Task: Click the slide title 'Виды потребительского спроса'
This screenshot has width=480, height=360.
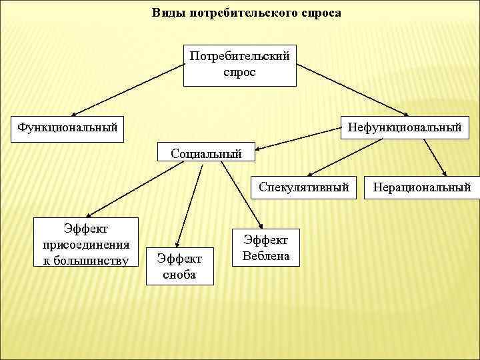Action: (x=246, y=13)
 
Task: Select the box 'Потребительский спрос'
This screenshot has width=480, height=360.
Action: (x=240, y=65)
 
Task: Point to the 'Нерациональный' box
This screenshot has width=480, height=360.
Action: (x=422, y=187)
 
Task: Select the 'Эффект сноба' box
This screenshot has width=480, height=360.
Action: (x=179, y=265)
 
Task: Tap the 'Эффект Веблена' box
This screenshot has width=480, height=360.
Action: (x=266, y=247)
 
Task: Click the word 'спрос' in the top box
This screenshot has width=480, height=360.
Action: (x=240, y=72)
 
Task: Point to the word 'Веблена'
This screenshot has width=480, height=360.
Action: (x=266, y=255)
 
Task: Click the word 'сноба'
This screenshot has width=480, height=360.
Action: (x=179, y=274)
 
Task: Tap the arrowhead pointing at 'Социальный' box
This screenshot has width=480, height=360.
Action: (x=259, y=149)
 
